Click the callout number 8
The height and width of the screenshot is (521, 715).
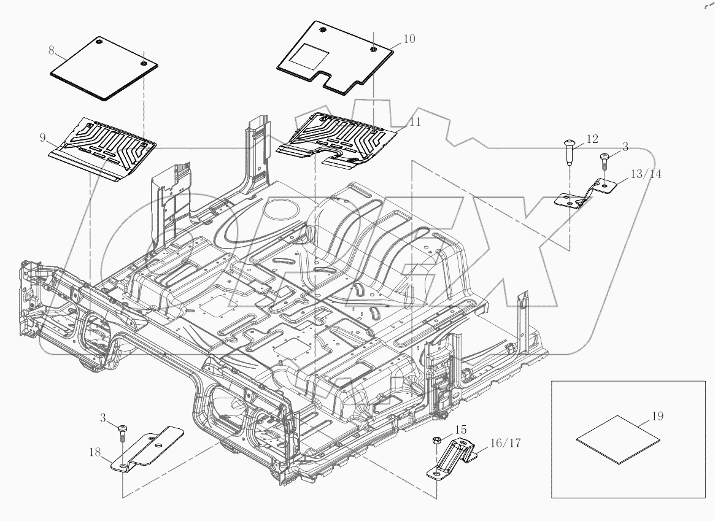pyautogui.click(x=52, y=50)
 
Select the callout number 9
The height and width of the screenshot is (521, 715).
pyautogui.click(x=43, y=137)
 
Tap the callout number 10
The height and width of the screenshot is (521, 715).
pyautogui.click(x=409, y=39)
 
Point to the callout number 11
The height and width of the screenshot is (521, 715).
pyautogui.click(x=415, y=122)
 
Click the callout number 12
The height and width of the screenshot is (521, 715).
pyautogui.click(x=592, y=139)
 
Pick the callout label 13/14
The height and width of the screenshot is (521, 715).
pyautogui.click(x=646, y=174)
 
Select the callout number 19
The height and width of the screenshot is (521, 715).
pyautogui.click(x=657, y=416)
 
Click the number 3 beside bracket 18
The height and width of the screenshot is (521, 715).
pyautogui.click(x=104, y=418)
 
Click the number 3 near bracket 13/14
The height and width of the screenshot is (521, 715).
pyautogui.click(x=625, y=147)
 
